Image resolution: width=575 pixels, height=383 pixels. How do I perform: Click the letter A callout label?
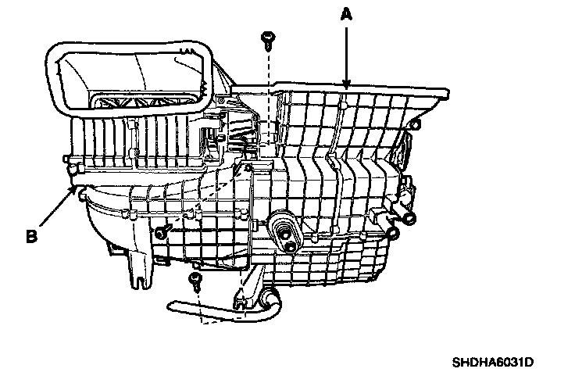345,13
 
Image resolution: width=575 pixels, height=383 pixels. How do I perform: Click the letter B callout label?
32,234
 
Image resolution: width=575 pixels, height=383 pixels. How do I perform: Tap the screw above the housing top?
269,36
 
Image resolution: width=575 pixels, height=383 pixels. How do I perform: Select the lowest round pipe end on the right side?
393,232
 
